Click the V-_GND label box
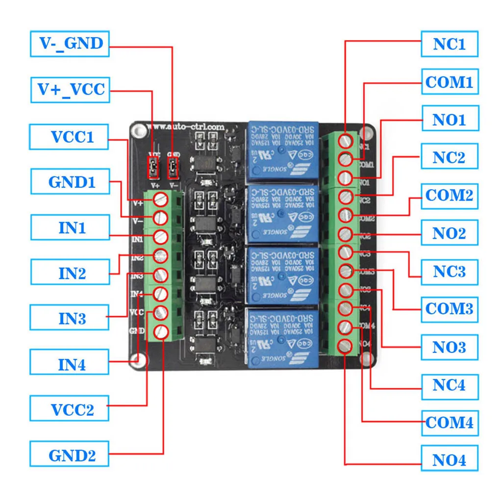point(70,44)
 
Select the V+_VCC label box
point(70,89)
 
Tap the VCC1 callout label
point(69,137)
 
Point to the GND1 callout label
point(69,182)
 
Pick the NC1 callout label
point(449,44)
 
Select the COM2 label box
point(449,195)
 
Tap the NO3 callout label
point(449,347)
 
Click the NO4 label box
point(449,460)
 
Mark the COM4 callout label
point(449,422)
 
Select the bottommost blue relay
point(283,338)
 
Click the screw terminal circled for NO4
point(346,346)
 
